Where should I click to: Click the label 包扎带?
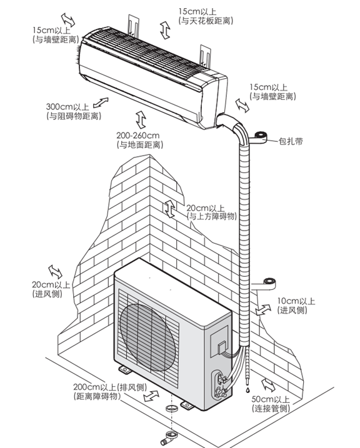pos(291,141)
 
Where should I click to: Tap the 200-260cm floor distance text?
pos(140,140)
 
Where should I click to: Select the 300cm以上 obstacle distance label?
pos(74,111)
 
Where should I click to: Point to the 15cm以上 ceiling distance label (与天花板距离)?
pos(206,16)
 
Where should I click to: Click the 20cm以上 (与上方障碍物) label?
pos(212,212)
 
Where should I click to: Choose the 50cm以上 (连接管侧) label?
pos(271,404)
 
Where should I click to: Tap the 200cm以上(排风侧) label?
pos(110,392)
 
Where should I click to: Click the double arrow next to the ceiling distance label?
pos(165,30)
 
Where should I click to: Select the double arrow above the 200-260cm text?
pos(141,119)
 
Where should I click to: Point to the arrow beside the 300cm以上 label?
pos(101,102)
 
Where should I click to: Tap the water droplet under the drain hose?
pos(247,390)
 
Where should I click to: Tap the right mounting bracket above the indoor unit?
pos(206,56)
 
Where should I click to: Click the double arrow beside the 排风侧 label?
pos(151,396)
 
